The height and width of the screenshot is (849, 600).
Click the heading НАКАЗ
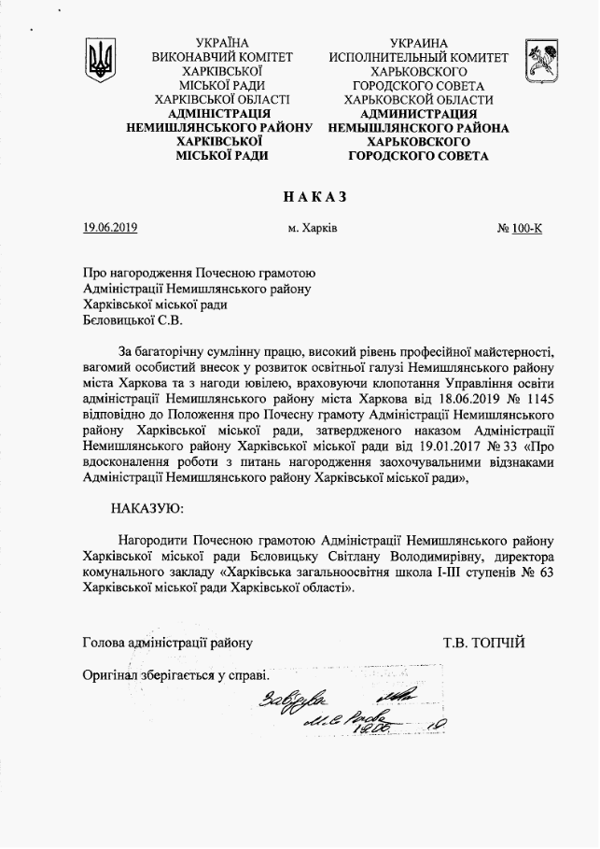(x=314, y=196)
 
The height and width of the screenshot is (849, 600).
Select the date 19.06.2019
(x=110, y=227)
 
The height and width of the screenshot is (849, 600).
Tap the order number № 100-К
(x=520, y=228)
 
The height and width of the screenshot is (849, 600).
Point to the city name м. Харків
(x=314, y=228)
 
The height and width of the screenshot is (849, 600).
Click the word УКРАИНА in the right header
(x=419, y=43)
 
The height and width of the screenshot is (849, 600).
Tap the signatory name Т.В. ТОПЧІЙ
(x=484, y=643)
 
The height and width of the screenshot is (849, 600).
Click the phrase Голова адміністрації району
(x=167, y=643)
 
